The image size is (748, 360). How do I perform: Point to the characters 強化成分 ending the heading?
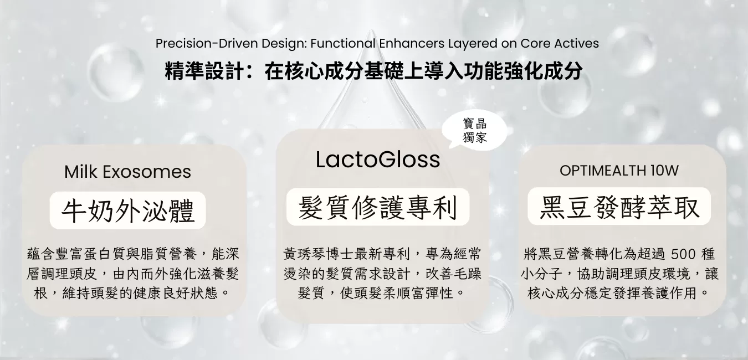pos(544,71)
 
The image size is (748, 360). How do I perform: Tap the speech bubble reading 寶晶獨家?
pos(475,131)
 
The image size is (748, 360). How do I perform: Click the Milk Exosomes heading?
pos(127,172)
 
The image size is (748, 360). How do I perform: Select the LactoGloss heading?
pos(378,160)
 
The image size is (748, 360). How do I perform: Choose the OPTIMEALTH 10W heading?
pos(619,171)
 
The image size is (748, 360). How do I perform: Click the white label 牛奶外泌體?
pos(127,210)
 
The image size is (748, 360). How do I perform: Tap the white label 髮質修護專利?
pos(378,207)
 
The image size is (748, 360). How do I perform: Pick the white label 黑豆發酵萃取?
pos(619,206)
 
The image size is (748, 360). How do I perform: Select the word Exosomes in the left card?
pos(147,172)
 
